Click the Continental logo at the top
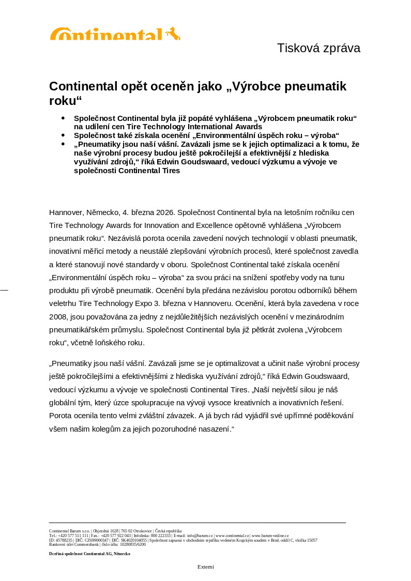[115, 34]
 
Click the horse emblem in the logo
[173, 34]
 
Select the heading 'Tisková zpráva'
[318, 48]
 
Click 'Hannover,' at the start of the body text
[66, 212]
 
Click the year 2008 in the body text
[58, 316]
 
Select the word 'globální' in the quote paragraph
[64, 402]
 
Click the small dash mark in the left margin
[4, 290]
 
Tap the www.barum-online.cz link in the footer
[270, 536]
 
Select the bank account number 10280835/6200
[133, 544]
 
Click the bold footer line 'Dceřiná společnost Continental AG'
[89, 554]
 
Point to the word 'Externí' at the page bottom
[205, 567]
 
